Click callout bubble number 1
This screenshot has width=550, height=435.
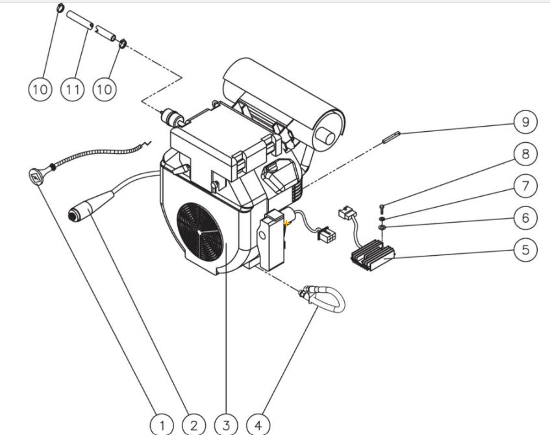(x=162, y=425)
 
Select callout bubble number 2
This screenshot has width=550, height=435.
(x=194, y=425)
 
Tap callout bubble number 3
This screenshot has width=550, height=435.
(x=226, y=425)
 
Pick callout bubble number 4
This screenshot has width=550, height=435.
(x=258, y=425)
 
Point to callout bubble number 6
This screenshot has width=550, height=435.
(x=525, y=218)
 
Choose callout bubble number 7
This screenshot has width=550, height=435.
(x=525, y=186)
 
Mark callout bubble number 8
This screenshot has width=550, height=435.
(x=525, y=154)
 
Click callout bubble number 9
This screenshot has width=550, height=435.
(x=525, y=121)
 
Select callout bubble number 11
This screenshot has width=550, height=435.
(x=72, y=89)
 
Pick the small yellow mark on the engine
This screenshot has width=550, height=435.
(x=286, y=223)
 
